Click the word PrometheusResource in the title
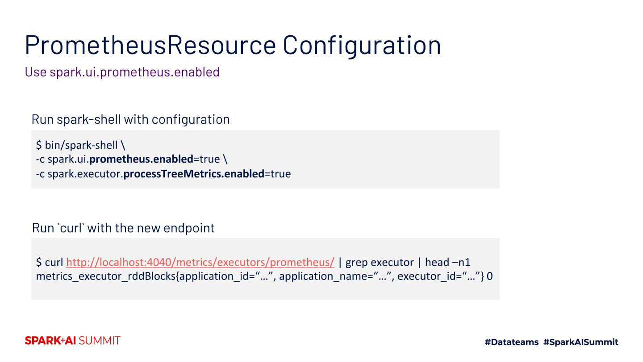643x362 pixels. pyautogui.click(x=150, y=45)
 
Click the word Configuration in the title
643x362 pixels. pyautogui.click(x=362, y=45)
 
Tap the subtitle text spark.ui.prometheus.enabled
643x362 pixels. pyautogui.click(x=134, y=72)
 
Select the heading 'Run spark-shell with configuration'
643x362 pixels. pyautogui.click(x=130, y=119)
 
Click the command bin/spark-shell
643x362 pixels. pyautogui.click(x=81, y=145)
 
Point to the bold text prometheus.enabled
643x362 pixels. pyautogui.click(x=141, y=159)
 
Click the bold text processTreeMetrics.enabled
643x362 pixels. pyautogui.click(x=194, y=173)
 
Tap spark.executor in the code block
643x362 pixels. pyautogui.click(x=84, y=173)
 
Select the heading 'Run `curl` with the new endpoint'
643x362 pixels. pyautogui.click(x=123, y=228)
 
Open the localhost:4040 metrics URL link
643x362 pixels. pyautogui.click(x=200, y=262)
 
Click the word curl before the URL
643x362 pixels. pyautogui.click(x=54, y=262)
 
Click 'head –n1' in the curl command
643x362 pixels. pyautogui.click(x=447, y=262)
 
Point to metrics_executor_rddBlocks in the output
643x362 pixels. pyautogui.click(x=106, y=276)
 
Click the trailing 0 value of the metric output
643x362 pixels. pyautogui.click(x=489, y=276)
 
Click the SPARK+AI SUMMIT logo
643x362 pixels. pyautogui.click(x=72, y=341)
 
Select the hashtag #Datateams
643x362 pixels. pyautogui.click(x=512, y=342)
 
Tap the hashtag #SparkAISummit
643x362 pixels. pyautogui.click(x=580, y=342)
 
